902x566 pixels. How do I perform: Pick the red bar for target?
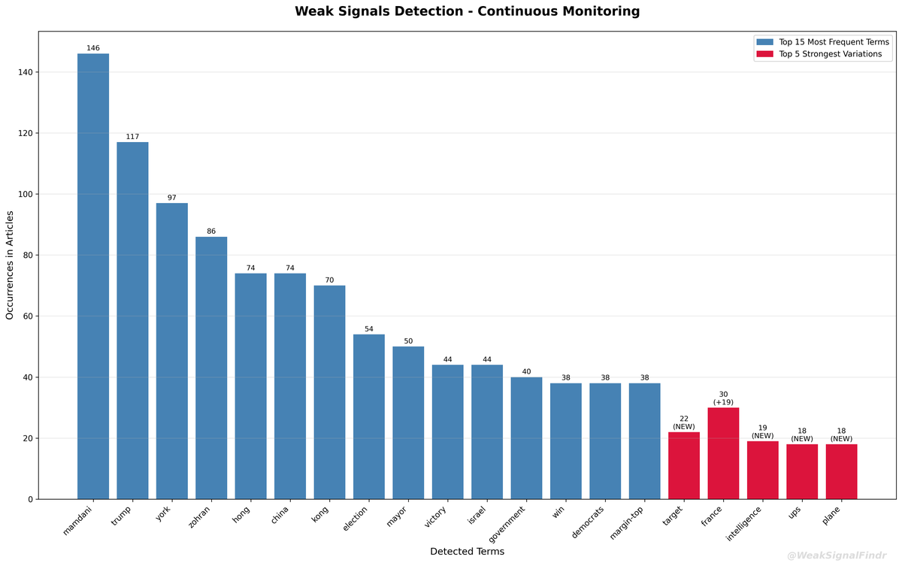click(683, 465)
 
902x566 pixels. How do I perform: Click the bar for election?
click(368, 416)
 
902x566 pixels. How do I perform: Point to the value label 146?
click(93, 48)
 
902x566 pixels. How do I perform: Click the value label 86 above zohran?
click(211, 232)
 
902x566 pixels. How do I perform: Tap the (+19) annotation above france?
click(723, 402)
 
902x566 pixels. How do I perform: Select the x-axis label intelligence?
click(745, 525)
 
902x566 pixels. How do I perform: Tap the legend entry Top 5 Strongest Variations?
click(830, 54)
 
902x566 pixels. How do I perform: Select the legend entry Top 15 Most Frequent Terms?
click(833, 42)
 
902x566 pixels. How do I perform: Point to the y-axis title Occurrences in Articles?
click(11, 265)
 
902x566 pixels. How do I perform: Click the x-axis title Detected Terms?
click(467, 552)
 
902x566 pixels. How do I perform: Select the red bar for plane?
click(841, 471)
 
